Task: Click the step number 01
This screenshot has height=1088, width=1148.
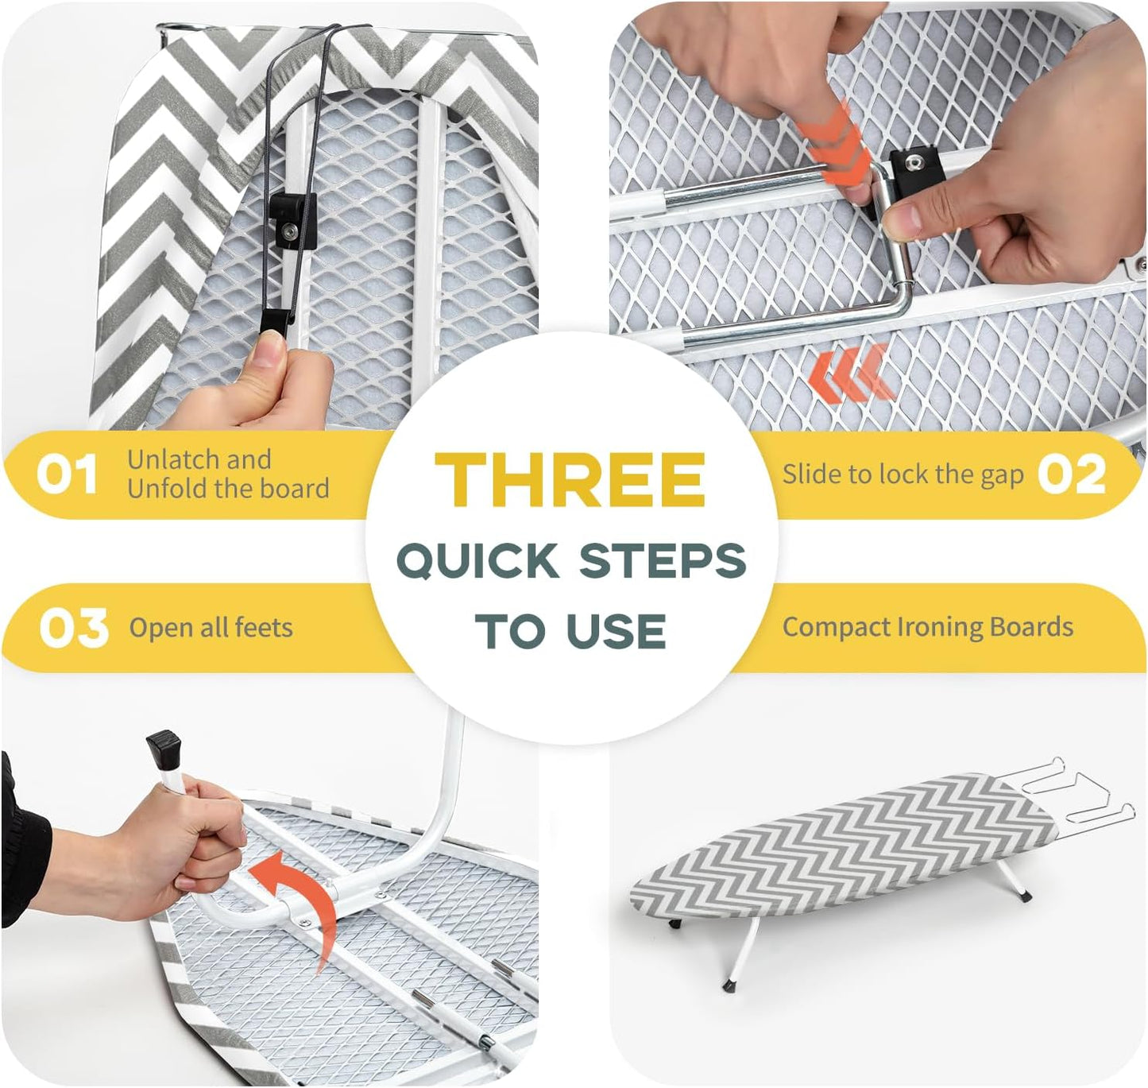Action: coord(68,474)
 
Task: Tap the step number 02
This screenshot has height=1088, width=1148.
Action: coord(1072,474)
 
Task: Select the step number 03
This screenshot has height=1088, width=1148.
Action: coord(73,628)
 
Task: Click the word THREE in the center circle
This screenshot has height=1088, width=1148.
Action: coord(570,480)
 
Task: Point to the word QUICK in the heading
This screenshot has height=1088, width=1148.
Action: coord(477,560)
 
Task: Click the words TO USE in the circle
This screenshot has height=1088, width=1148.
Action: coord(570,632)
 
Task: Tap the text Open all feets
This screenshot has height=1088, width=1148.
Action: coord(211,628)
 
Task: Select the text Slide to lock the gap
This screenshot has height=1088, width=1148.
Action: coord(903,474)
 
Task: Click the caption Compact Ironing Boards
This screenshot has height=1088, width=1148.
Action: coord(927,627)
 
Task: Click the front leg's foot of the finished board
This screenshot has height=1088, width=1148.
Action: coord(730,985)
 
